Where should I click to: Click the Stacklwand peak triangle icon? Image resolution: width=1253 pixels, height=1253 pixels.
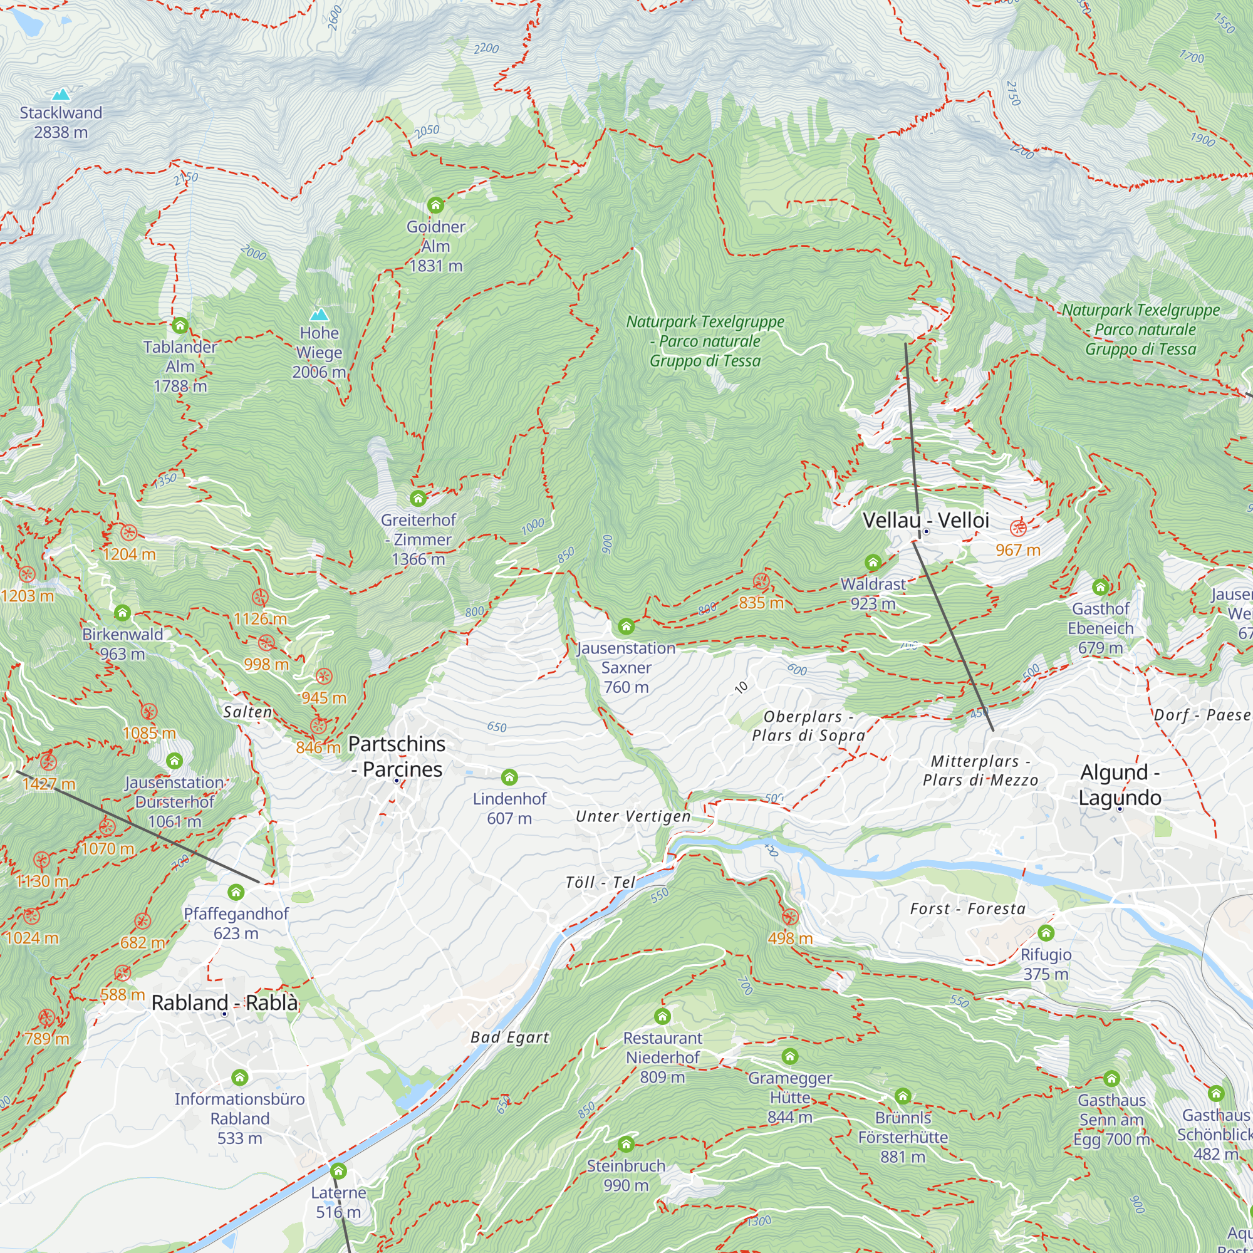(x=61, y=95)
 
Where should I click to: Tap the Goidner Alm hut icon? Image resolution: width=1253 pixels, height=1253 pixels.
(x=435, y=205)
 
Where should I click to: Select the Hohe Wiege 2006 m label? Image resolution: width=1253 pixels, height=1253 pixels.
(x=318, y=352)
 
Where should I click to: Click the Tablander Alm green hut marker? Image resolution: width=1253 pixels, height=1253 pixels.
(x=180, y=326)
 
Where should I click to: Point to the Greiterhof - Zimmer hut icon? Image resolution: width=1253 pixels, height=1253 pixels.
(x=419, y=499)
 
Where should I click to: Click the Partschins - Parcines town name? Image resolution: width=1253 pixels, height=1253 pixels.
(x=397, y=756)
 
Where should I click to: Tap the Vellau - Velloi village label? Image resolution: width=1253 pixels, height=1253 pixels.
(x=925, y=520)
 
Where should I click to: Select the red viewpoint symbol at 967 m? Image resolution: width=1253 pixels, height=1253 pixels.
(x=1018, y=528)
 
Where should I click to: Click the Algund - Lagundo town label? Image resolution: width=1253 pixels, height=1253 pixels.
(x=1120, y=785)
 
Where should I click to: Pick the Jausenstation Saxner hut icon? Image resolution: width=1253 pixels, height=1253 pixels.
(x=626, y=626)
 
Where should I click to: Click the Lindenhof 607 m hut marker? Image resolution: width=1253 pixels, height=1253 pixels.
(x=509, y=777)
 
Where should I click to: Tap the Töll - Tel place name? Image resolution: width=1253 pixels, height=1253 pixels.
(x=600, y=882)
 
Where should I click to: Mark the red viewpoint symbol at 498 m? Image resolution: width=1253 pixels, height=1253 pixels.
(x=789, y=917)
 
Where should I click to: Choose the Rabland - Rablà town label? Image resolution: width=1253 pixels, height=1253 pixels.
(x=224, y=1002)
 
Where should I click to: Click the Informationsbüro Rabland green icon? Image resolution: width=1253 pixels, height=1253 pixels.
(x=239, y=1077)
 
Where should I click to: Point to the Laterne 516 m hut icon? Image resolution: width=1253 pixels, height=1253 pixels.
(x=338, y=1172)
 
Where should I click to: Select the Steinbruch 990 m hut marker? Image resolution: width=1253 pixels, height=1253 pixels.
(x=626, y=1144)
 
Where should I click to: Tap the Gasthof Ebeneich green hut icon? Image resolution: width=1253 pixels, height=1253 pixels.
(x=1100, y=588)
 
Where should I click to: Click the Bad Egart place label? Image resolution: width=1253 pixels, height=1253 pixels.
(x=510, y=1037)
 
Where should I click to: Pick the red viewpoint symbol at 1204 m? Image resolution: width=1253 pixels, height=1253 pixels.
(x=128, y=533)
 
